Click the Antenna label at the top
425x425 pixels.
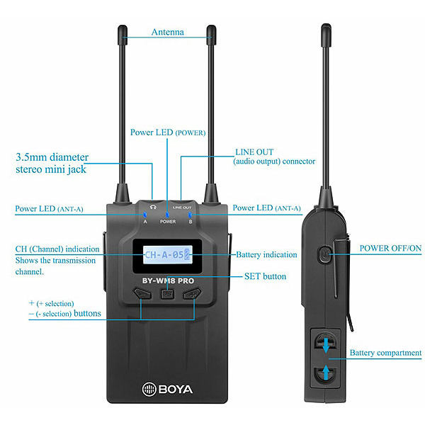coord(167,32)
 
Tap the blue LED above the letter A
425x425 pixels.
coord(145,215)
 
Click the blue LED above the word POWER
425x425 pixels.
coord(167,215)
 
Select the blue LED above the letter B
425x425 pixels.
coord(190,215)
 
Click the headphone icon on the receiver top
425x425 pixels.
coord(153,208)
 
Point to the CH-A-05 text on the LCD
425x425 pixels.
coord(164,255)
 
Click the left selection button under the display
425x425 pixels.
coord(142,293)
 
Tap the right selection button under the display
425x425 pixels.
coord(192,293)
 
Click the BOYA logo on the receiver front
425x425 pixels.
coord(167,389)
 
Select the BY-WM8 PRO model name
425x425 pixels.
coord(168,280)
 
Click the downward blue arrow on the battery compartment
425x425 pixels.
coord(326,345)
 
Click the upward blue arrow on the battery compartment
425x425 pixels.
coord(326,373)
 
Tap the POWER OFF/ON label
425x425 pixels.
coord(390,249)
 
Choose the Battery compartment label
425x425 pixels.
coord(385,353)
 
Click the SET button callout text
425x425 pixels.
coord(265,276)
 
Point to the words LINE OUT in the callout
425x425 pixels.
coord(254,152)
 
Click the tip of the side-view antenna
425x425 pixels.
coord(326,24)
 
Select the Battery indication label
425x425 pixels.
coord(266,255)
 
